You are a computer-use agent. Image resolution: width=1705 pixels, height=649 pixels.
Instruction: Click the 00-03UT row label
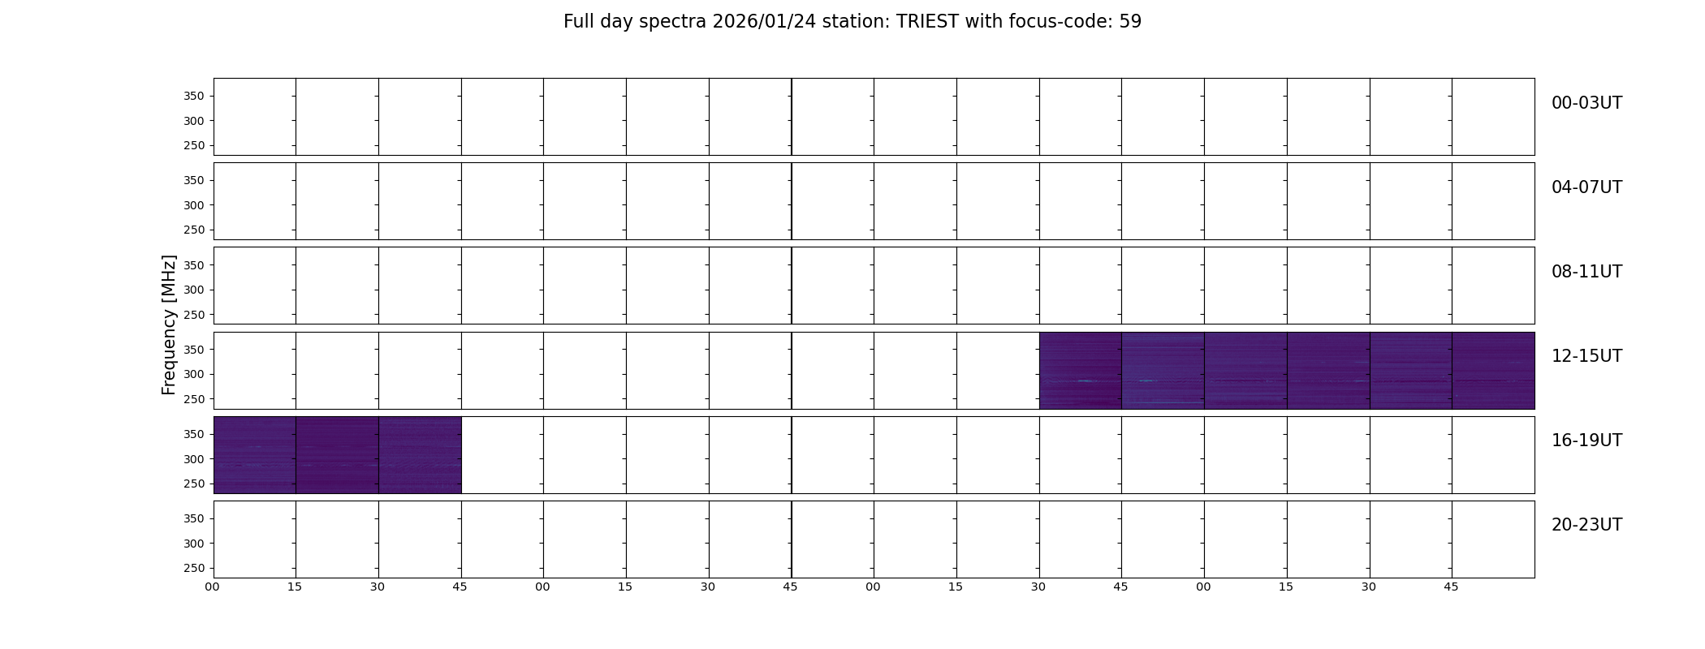1586,103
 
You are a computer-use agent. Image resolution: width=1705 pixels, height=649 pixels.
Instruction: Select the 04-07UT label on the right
1586,187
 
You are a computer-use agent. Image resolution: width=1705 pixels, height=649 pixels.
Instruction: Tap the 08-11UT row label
1586,272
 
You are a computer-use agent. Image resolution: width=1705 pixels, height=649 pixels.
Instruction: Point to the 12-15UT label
1586,356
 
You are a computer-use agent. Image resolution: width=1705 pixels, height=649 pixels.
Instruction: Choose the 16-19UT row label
1586,441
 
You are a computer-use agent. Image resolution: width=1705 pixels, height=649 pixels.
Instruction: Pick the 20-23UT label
1586,525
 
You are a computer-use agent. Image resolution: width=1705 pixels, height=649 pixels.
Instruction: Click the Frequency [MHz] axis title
169,324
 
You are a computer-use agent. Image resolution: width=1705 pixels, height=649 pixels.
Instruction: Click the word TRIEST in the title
928,22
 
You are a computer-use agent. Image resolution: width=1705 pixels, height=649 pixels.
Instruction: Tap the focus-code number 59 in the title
1130,22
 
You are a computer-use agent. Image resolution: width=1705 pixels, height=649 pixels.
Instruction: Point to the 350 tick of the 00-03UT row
194,97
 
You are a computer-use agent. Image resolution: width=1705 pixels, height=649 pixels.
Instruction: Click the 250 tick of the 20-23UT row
194,569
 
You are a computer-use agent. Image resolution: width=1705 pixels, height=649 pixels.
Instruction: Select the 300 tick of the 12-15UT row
194,375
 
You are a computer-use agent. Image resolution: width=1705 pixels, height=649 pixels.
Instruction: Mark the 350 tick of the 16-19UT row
194,435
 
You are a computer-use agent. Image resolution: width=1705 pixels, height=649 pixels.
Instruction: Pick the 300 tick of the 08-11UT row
194,290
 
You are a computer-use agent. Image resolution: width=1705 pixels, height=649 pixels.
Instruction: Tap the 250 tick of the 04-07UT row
194,230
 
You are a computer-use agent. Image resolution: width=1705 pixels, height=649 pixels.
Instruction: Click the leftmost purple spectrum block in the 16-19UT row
255,455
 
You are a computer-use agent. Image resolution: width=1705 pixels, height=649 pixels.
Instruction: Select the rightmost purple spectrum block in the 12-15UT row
1493,371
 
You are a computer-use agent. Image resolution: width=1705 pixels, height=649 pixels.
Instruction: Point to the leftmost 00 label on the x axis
213,587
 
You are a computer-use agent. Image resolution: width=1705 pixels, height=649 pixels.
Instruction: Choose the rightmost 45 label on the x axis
1451,587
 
